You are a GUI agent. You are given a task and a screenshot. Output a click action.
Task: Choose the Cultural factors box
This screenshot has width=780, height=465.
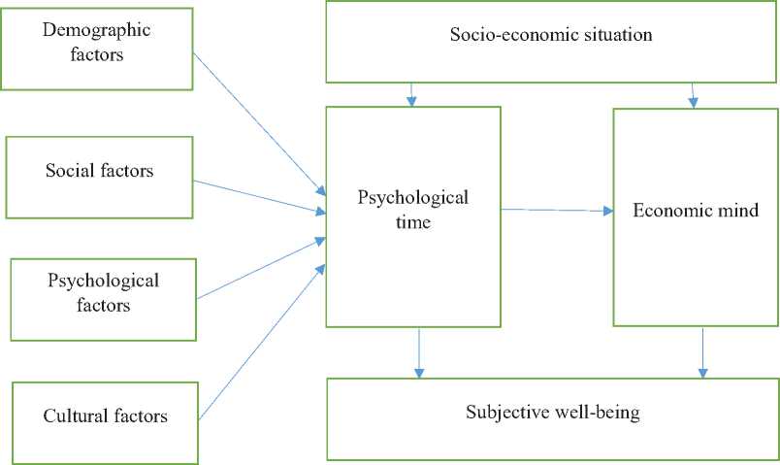106,416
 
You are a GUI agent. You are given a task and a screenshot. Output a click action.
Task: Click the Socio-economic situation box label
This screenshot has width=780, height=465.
551,36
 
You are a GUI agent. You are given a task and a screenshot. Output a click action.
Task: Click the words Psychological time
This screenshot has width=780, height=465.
413,210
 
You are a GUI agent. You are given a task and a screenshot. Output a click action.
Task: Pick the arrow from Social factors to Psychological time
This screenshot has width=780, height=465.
260,194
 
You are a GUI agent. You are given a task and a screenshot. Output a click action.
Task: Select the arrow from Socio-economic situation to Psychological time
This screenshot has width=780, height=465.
413,94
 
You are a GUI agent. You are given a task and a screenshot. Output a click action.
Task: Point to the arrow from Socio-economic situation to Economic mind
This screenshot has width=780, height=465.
693,94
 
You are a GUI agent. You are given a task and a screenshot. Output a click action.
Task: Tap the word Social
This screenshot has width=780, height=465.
69,172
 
